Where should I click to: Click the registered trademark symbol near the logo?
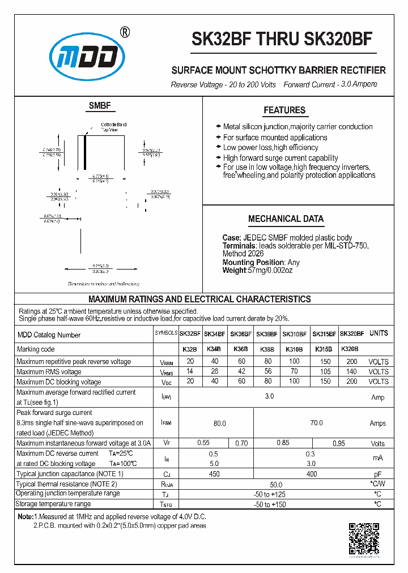125,32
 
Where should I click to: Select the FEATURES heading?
284,110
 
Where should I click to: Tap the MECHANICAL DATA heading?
286,219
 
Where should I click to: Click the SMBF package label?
100,106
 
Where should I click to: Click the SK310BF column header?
294,334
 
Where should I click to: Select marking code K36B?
240,349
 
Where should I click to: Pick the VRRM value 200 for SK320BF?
351,361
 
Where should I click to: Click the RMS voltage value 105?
325,371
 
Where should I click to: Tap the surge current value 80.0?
219,423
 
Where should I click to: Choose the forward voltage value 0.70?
241,443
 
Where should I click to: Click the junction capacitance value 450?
215,474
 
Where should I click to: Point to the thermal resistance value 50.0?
276,485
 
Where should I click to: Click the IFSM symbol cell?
165,422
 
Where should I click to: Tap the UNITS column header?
379,333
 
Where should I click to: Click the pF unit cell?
378,474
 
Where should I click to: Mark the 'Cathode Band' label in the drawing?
113,125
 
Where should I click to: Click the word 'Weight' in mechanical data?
234,270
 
